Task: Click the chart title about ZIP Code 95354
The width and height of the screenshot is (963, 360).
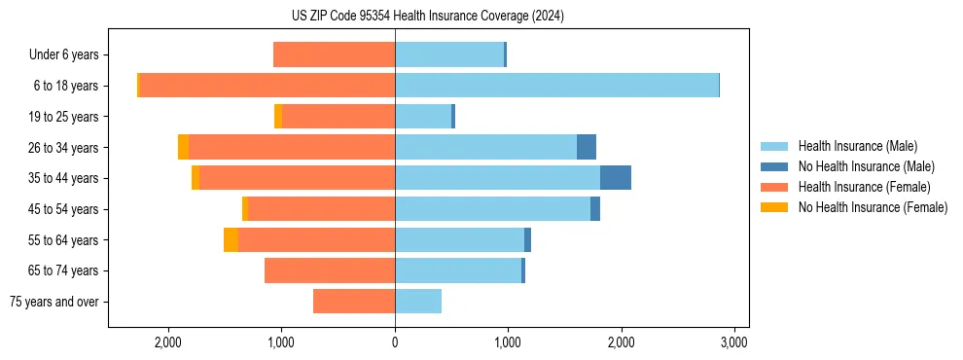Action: coord(428,17)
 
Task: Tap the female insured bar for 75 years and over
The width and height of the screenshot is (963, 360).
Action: coord(354,302)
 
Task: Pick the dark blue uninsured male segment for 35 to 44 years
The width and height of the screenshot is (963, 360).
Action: coord(616,178)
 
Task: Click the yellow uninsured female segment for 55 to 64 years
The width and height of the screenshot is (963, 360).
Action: coord(231,240)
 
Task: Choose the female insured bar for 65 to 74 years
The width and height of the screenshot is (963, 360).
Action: coord(330,270)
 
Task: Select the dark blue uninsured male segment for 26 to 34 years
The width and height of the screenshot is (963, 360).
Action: coord(587,147)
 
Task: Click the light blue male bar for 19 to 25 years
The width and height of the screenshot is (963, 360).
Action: coord(423,117)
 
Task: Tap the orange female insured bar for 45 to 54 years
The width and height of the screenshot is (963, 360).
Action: coord(321,209)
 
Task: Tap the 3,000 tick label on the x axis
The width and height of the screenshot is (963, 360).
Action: coord(733,342)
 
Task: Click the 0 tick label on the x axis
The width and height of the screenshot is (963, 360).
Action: coord(395,342)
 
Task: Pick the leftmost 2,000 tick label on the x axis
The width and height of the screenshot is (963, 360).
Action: coord(168,342)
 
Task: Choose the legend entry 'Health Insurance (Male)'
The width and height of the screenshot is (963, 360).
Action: coord(857,146)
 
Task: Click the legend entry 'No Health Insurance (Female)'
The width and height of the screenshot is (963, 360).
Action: coord(873,207)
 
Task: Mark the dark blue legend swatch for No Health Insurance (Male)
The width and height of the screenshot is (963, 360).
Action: coord(774,166)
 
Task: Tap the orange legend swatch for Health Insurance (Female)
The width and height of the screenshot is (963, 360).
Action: coord(774,187)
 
